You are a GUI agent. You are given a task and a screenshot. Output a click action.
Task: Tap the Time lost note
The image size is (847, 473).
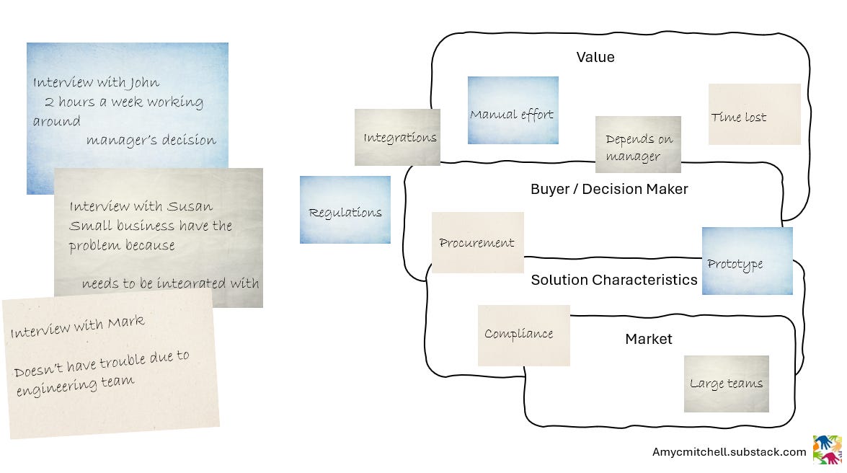[x=754, y=115]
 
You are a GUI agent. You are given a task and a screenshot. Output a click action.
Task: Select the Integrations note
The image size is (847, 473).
[x=397, y=137]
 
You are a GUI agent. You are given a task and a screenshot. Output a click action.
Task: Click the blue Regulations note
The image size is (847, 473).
[x=345, y=210]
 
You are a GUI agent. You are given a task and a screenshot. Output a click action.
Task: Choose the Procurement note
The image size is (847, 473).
[x=477, y=242]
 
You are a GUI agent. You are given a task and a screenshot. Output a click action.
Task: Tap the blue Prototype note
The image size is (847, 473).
[x=747, y=261]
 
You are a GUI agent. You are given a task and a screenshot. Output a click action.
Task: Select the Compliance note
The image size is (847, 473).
[x=523, y=335]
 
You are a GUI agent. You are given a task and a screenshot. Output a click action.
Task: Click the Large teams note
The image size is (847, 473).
[x=726, y=384]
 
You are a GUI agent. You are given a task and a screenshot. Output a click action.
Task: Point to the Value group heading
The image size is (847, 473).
[x=595, y=57]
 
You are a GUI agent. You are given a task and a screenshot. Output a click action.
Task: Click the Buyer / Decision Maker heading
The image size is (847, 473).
[x=609, y=189]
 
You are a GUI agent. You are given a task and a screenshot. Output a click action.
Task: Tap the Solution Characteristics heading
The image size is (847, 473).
[x=614, y=280]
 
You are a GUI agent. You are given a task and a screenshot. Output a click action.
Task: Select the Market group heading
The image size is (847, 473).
[x=648, y=339]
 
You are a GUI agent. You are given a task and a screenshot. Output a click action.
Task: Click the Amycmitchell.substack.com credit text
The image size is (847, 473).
[x=729, y=452]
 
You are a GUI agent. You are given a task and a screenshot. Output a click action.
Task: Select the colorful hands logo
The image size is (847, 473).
[x=827, y=450]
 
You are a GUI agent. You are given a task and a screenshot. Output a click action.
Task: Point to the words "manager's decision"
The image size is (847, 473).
[x=151, y=140]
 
